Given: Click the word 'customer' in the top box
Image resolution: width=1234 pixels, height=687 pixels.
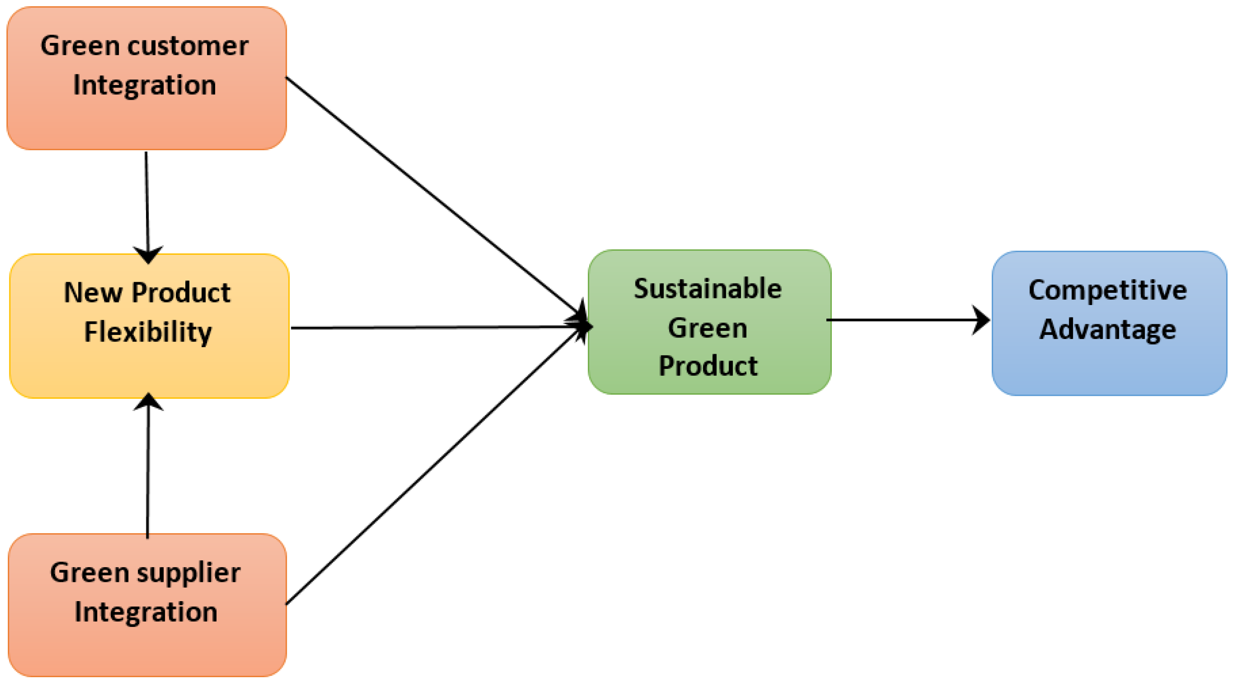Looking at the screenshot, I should point(188,47).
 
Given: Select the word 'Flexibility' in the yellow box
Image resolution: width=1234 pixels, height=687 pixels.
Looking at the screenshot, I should point(148,332).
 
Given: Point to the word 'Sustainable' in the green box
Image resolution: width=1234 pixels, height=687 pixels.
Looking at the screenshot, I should point(707,289).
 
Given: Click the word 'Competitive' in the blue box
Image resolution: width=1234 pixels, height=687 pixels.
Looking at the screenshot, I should point(1108,290).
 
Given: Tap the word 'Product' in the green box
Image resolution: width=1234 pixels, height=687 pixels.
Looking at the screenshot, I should point(707,366).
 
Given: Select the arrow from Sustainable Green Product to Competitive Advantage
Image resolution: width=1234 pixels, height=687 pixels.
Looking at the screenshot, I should point(901,320).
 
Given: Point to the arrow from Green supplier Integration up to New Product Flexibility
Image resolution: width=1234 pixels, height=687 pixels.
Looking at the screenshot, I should point(148,474).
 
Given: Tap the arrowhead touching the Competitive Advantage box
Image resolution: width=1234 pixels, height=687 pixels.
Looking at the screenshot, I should point(981,320).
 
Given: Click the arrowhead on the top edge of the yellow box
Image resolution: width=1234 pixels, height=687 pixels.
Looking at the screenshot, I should point(148,254).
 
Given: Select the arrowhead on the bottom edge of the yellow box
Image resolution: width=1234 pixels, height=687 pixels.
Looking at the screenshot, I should point(148,402).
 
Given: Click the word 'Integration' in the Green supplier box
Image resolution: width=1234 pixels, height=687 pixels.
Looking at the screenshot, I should point(146,612).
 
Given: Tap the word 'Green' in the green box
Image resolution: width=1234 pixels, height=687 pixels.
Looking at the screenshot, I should point(707,328).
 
